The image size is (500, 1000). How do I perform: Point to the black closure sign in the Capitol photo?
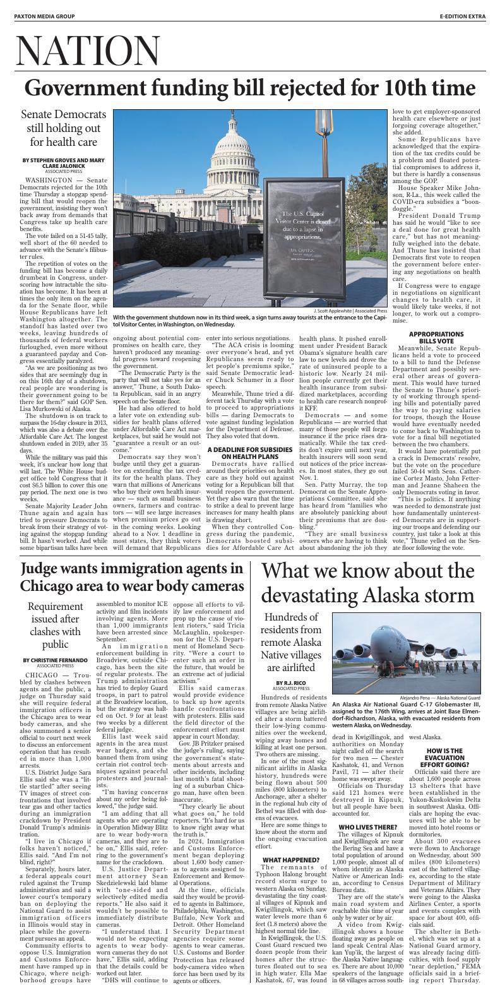point(305,228)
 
